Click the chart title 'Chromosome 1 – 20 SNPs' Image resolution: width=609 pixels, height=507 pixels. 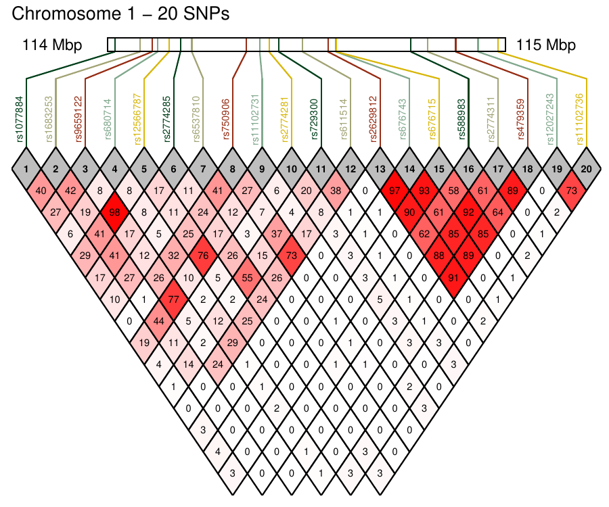point(120,14)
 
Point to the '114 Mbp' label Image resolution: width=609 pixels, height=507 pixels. point(52,45)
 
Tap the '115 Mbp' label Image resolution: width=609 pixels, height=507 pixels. point(545,45)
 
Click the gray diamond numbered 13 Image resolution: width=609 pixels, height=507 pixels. point(378,167)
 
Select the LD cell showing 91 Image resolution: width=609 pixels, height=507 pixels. point(451,276)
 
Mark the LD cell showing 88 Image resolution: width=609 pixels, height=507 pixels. point(437,256)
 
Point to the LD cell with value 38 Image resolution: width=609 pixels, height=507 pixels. point(334,191)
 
